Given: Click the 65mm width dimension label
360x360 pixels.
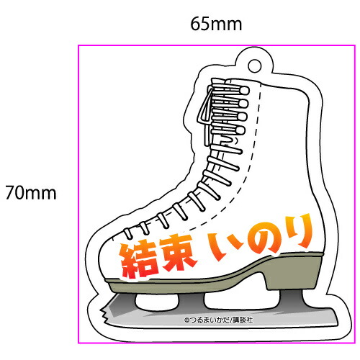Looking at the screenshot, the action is click(216, 24).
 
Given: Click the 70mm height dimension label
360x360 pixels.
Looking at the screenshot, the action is click(31, 193).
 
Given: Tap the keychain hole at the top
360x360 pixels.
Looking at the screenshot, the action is click(255, 66).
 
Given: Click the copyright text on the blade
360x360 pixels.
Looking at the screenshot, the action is click(218, 320).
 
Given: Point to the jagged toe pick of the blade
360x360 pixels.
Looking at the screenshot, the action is click(105, 312).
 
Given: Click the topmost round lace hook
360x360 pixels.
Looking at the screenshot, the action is click(244, 91).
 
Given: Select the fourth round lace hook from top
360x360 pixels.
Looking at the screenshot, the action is click(240, 130).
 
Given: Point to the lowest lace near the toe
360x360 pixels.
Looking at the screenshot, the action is click(128, 233).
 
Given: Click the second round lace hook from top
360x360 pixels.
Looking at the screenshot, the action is click(243, 104).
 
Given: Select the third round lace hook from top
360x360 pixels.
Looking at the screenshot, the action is click(242, 117).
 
